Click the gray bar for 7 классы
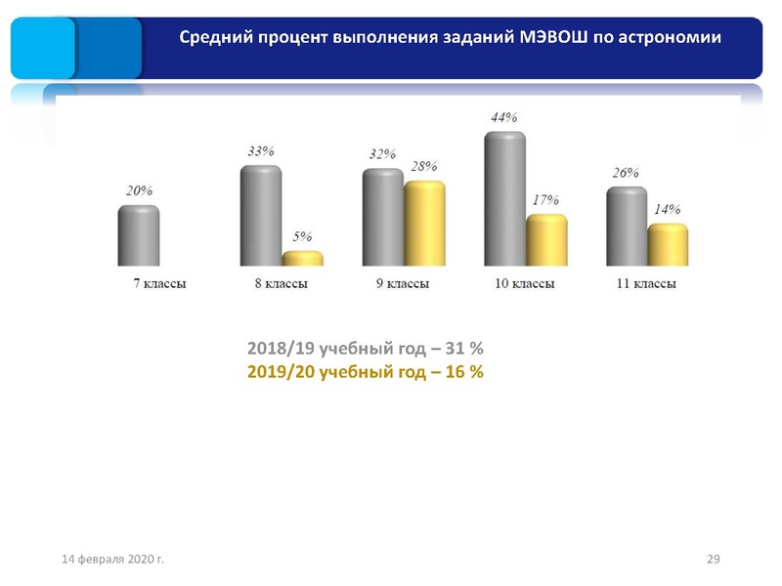point(138,235)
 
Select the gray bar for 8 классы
point(260,216)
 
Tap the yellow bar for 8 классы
point(302,259)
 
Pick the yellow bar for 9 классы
point(424,224)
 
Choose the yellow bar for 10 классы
point(546,240)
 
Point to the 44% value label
point(503,117)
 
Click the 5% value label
point(303,237)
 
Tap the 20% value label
point(138,190)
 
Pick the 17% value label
point(545,199)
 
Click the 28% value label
point(423,166)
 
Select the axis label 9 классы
point(404,284)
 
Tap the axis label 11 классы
point(647,284)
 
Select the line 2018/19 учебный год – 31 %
point(366,349)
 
